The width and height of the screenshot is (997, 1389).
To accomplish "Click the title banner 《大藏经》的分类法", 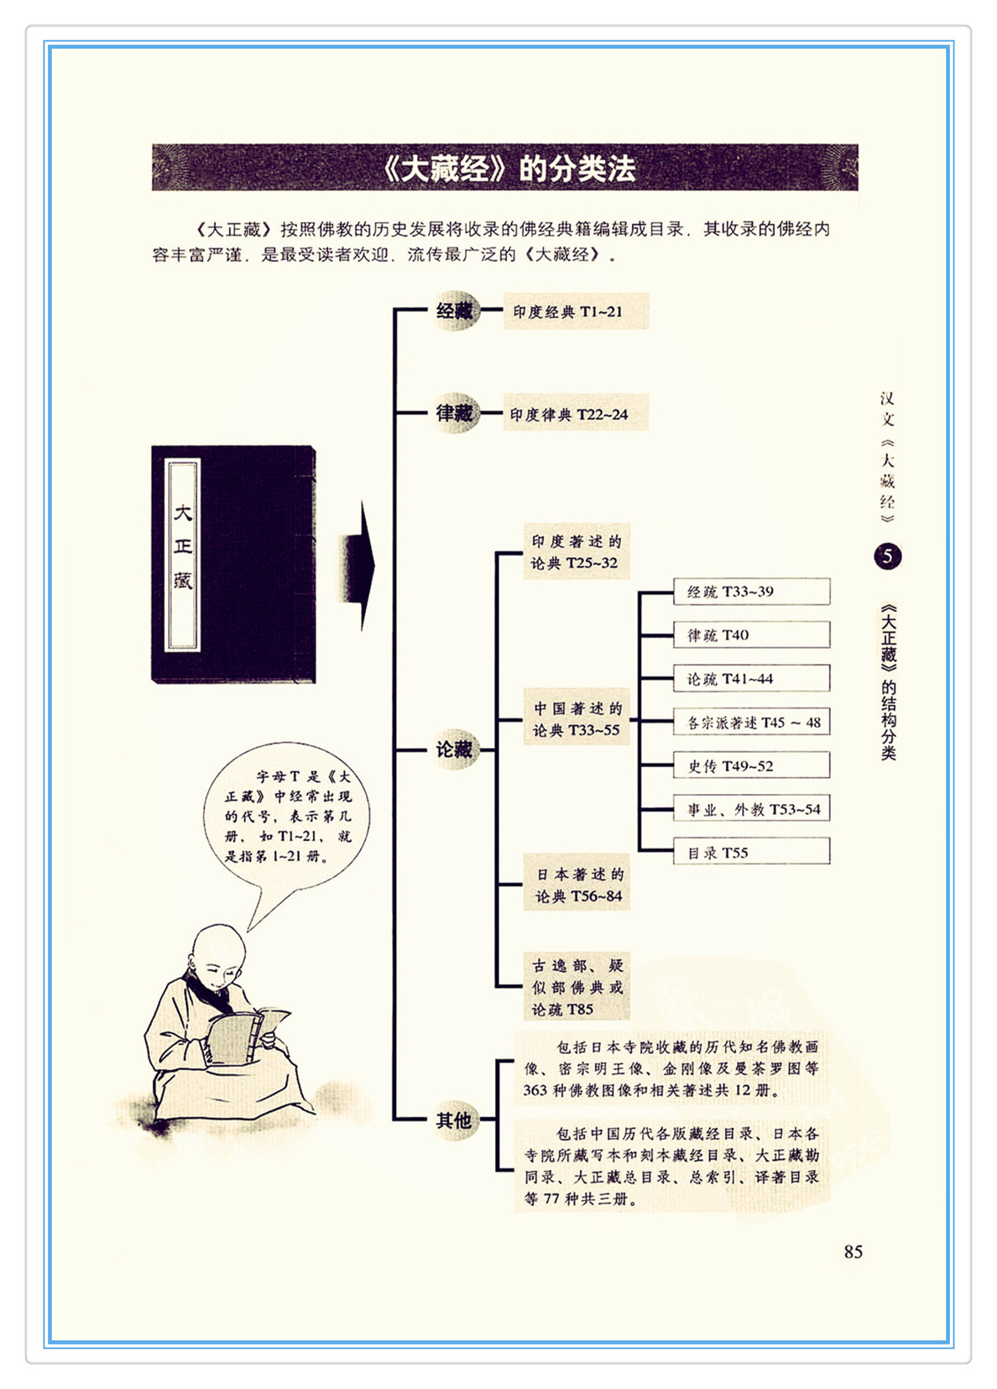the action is click(504, 167).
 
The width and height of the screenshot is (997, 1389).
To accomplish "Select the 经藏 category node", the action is click(455, 311).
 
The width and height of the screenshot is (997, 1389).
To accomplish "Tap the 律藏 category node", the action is click(455, 413).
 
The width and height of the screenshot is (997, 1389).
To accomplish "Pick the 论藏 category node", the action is click(455, 749).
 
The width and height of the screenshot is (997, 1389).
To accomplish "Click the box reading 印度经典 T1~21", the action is click(576, 311).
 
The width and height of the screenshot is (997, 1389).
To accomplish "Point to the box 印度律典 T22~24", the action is click(576, 414).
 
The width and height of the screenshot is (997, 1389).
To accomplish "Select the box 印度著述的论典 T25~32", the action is click(577, 551).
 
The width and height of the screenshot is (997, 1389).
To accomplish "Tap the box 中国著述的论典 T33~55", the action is click(577, 718).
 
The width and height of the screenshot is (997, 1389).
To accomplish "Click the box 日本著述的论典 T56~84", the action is click(577, 885).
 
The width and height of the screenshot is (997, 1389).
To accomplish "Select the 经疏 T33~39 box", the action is click(751, 592).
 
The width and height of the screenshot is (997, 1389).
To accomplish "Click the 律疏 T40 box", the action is click(751, 635).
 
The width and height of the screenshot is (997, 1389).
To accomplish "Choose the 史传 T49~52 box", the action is click(751, 765).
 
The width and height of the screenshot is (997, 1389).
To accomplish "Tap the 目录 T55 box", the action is click(751, 851).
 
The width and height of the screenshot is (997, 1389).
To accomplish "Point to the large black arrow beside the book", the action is click(358, 567).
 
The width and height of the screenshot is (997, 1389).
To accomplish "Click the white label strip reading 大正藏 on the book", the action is click(182, 555).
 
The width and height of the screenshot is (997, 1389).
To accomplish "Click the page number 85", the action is click(853, 1252).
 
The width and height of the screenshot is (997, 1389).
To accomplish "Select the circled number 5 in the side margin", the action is click(888, 556).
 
